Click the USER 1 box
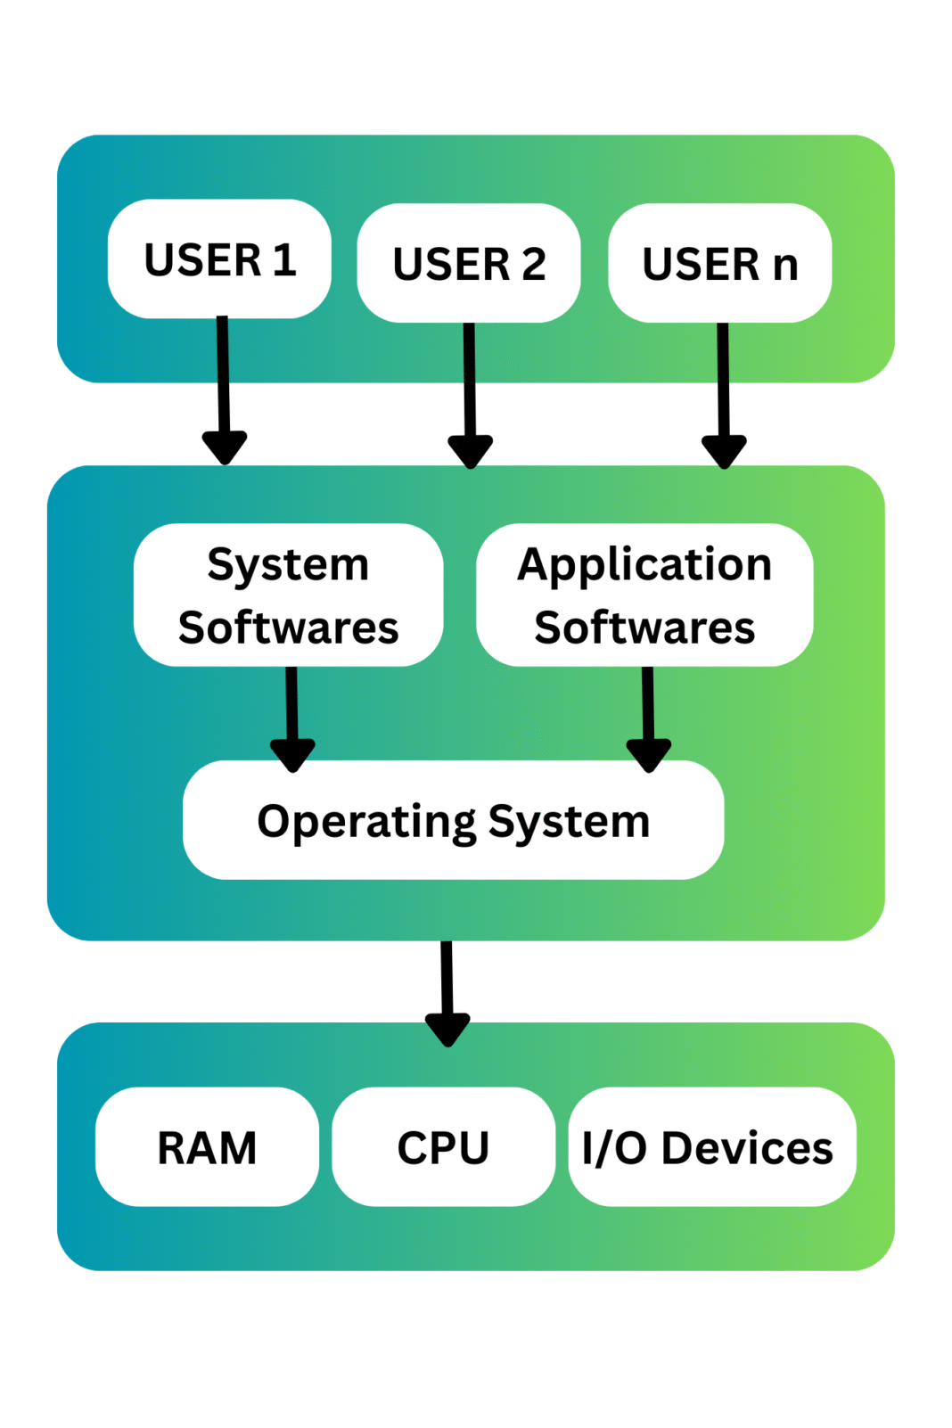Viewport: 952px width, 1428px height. tap(219, 259)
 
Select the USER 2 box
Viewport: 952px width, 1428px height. tap(469, 263)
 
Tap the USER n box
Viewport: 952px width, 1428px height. tap(719, 263)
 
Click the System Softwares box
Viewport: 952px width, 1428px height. tap(288, 595)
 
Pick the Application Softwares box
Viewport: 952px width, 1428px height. tap(644, 595)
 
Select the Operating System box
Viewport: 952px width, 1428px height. tap(453, 820)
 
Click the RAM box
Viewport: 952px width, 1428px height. tap(207, 1146)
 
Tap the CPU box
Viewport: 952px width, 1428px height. tap(443, 1146)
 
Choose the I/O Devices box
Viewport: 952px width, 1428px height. tap(711, 1146)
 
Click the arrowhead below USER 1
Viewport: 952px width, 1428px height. tap(225, 446)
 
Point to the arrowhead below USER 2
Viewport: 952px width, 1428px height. tap(471, 450)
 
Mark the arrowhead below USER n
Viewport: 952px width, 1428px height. tap(724, 450)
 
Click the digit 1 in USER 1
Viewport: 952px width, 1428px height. tap(284, 259)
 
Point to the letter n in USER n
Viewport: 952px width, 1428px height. tap(784, 265)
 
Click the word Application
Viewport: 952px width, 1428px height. tap(644, 565)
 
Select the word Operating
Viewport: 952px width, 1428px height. tap(366, 822)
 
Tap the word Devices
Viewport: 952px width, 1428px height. tap(747, 1148)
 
